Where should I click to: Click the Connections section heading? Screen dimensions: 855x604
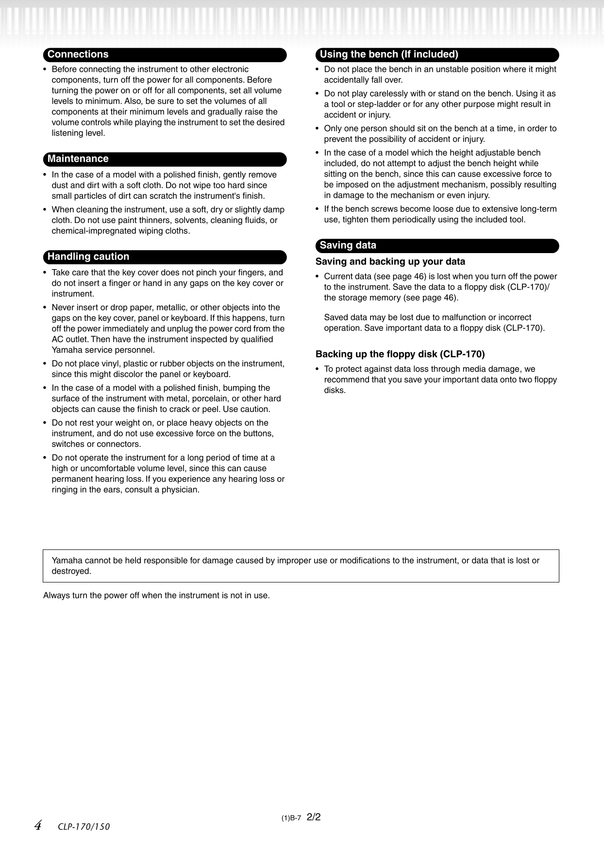(78, 54)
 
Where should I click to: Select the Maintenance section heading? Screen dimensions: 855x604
(78, 159)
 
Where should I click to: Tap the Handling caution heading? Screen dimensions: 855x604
(88, 256)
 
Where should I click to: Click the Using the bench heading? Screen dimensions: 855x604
(389, 54)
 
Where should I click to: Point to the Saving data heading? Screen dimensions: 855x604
(348, 245)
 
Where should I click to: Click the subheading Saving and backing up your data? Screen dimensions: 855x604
(390, 261)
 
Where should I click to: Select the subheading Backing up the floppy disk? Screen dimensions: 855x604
(400, 354)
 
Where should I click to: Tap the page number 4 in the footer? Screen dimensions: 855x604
(38, 825)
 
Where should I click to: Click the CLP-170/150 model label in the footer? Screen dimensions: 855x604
(84, 827)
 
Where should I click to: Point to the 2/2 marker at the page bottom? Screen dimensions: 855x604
(314, 817)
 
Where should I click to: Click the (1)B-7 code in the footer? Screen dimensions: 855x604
(291, 818)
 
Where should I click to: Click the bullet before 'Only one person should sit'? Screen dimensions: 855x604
(318, 129)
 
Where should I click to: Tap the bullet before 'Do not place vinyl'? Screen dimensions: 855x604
(45, 364)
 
